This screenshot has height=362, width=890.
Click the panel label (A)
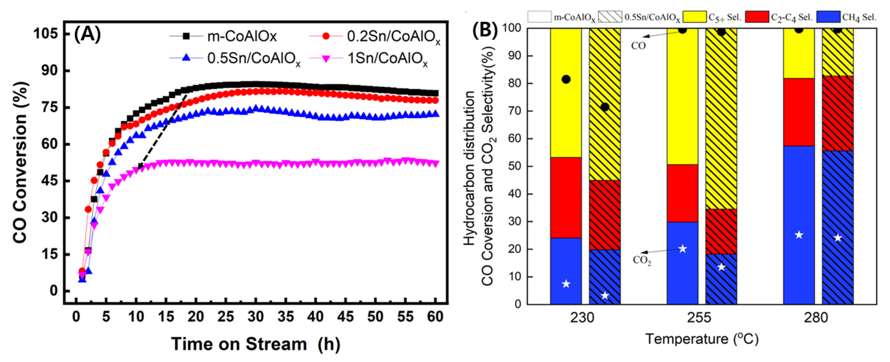[87, 35]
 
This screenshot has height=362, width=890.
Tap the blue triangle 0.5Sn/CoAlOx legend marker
[186, 58]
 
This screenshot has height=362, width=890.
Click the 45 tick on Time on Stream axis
[345, 316]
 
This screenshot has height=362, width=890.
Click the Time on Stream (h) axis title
[256, 344]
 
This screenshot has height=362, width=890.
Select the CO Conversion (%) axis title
[20, 163]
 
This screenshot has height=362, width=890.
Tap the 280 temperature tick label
[816, 317]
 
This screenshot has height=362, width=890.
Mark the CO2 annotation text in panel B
[642, 260]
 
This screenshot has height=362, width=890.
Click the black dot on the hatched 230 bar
[605, 107]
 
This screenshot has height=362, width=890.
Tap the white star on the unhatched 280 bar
[798, 235]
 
